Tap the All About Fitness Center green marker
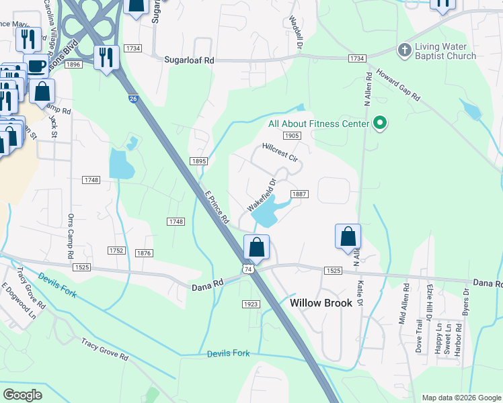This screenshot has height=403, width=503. pos(380,124)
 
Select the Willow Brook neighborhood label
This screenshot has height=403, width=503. pos(321,303)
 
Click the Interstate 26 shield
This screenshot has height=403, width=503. pos(133,99)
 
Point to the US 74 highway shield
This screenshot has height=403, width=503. pos(248,269)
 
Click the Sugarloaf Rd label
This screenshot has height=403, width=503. pos(189,60)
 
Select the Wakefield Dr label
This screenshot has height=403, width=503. pos(263,195)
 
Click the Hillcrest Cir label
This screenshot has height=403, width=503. pos(280,152)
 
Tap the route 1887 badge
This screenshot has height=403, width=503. pos(299,194)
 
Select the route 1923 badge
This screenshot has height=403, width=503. pos(251,304)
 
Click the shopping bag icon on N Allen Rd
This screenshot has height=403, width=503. pos(348,237)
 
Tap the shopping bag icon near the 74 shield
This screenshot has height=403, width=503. pos(256,247)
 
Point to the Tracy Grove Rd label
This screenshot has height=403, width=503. pos(105,350)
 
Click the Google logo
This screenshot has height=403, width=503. pos(22,394)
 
